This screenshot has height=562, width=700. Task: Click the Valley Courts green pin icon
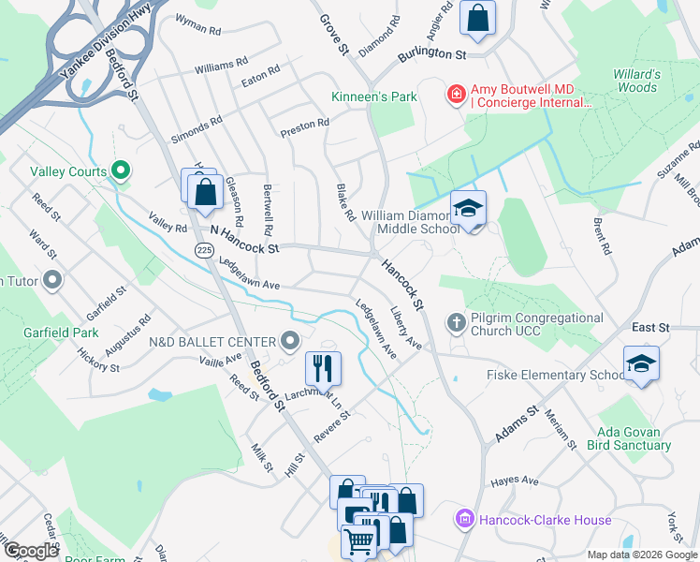point(120,170)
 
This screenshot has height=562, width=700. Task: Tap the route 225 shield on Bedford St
point(203,249)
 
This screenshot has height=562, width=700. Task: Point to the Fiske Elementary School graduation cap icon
point(641,364)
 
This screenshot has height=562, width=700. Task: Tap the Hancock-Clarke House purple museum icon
point(463,519)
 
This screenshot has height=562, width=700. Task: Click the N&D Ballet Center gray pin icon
point(291,341)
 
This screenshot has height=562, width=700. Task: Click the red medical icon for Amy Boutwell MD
point(456,94)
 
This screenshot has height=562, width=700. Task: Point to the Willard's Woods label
point(636,81)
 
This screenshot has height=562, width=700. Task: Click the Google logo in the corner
point(31,551)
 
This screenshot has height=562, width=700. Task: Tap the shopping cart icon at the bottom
point(359,540)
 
